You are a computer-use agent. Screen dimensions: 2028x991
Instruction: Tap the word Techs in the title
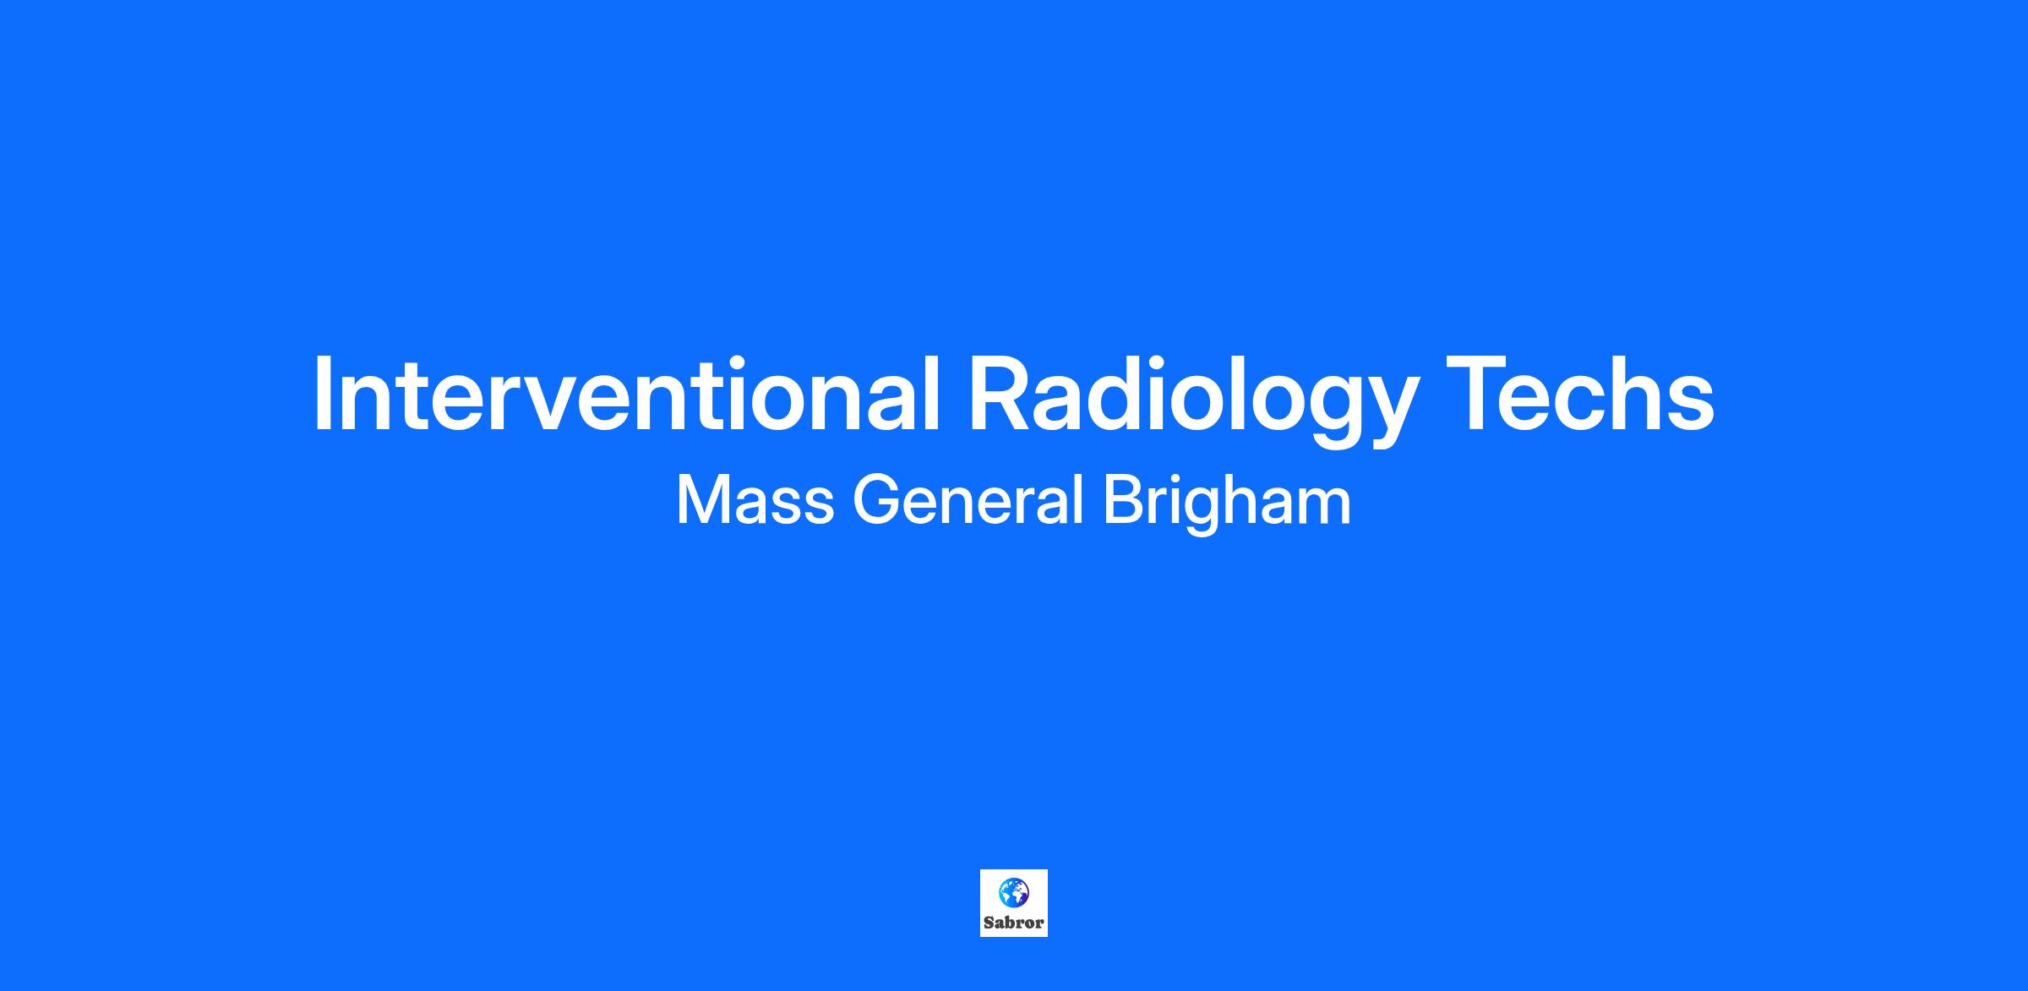tap(1579, 392)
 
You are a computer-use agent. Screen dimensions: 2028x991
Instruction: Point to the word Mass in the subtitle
tap(755, 500)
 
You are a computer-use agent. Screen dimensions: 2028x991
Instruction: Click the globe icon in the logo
tap(1014, 892)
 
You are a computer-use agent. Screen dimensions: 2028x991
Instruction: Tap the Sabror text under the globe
tap(1014, 923)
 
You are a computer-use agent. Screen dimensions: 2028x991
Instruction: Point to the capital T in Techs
tap(1479, 392)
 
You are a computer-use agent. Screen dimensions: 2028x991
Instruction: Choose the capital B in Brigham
tap(1124, 500)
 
